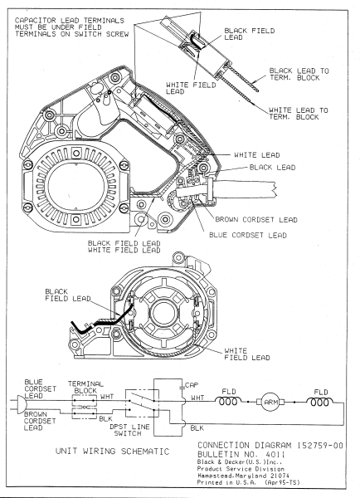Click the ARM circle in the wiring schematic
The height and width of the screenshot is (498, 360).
pyautogui.click(x=271, y=403)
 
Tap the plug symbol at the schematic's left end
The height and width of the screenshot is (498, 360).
pyautogui.click(x=19, y=403)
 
